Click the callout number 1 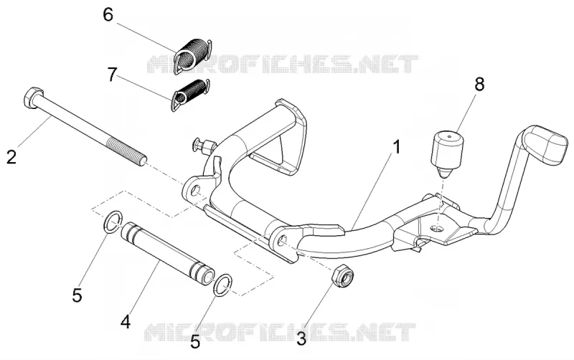[x=397, y=148]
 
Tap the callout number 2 [x=11, y=157]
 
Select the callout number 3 [x=301, y=338]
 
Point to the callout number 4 [x=126, y=322]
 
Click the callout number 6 [x=108, y=15]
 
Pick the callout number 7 [x=112, y=75]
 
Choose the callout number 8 [x=479, y=84]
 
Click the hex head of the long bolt [x=33, y=98]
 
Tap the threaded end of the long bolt [x=128, y=151]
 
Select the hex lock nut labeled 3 [x=343, y=276]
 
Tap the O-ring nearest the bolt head [x=113, y=222]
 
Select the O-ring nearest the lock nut [x=223, y=285]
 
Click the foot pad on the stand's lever [x=545, y=146]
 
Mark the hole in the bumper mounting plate [x=437, y=228]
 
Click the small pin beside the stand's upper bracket [x=202, y=145]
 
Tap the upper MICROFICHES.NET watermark [x=282, y=65]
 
